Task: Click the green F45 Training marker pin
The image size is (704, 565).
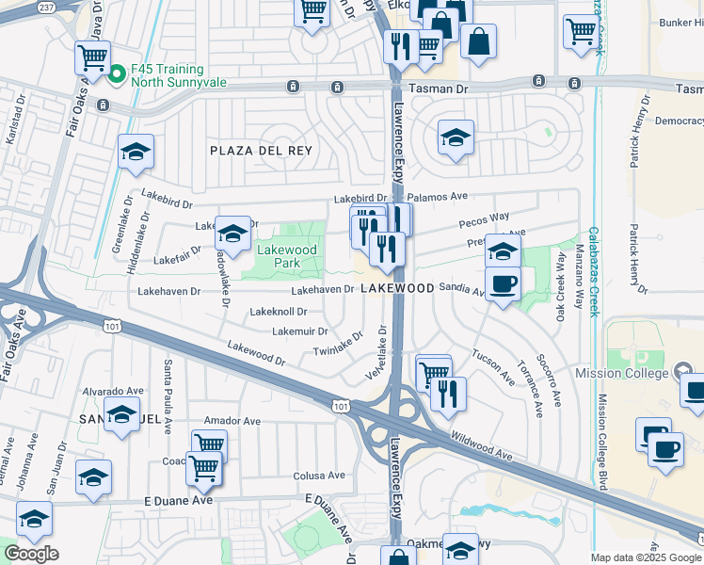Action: [118, 73]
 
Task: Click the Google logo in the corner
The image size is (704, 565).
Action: [31, 554]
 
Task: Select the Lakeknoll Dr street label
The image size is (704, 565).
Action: [279, 311]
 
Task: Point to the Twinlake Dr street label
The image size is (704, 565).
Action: [339, 345]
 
